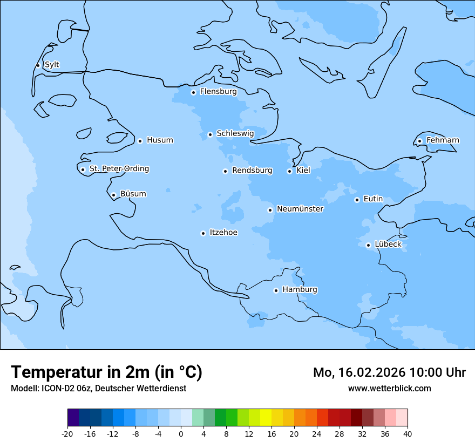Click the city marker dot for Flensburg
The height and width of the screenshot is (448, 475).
point(193,92)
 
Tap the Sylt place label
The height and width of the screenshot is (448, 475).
point(52,65)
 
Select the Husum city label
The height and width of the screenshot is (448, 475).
point(160,140)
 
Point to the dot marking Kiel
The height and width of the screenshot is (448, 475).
point(289,171)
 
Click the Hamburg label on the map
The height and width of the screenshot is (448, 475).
point(300,290)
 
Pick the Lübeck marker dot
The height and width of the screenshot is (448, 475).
point(368,245)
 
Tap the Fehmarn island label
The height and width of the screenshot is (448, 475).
point(443,140)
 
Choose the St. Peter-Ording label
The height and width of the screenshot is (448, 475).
point(119,169)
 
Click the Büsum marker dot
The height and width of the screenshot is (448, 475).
point(113,195)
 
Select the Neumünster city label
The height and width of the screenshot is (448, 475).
point(300,209)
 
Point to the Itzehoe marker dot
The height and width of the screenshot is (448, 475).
point(203,233)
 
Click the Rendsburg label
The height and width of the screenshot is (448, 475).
point(252,171)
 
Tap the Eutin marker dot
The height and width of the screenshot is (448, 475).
point(357,200)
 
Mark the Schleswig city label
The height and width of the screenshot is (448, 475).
point(235,133)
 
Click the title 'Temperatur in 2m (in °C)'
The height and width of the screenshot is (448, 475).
point(106,372)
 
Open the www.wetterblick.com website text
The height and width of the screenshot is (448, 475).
point(389,389)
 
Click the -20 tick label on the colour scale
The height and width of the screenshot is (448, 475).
point(67,434)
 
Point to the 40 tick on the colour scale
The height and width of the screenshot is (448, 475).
point(408,434)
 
